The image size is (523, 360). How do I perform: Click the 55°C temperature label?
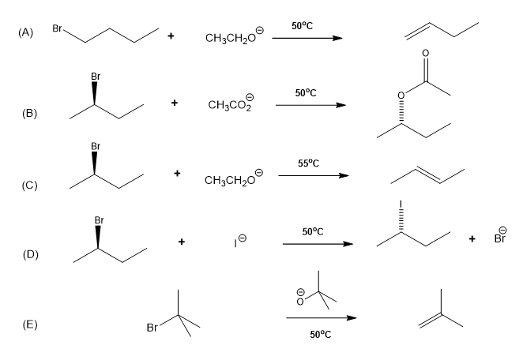(x=308, y=163)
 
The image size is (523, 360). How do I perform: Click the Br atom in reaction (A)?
(x=57, y=29)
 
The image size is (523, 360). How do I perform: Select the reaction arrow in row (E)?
(x=320, y=318)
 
